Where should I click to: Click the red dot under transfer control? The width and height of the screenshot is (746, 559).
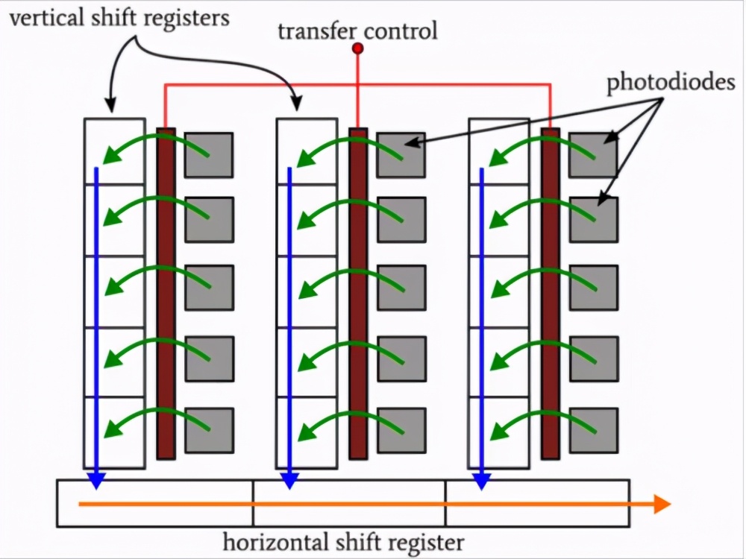357,48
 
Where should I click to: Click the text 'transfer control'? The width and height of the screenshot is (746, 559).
357,31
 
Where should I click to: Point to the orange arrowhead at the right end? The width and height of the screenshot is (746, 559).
662,505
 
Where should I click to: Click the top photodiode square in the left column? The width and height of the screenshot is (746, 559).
209,155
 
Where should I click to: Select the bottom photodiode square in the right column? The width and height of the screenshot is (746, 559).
593,431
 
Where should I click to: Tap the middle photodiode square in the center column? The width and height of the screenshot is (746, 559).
401,288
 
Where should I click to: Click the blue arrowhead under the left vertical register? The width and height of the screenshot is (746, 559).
95,481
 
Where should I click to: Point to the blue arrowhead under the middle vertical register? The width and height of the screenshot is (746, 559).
289,481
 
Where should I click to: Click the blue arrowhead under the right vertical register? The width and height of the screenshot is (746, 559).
481,481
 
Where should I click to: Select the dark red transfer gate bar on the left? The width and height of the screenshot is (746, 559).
166,294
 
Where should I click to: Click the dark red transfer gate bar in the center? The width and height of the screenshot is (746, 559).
358,294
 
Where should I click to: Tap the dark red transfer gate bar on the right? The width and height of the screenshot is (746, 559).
550,294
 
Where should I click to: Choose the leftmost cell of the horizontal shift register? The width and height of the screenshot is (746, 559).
155,503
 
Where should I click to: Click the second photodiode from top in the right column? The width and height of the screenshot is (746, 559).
593,219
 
